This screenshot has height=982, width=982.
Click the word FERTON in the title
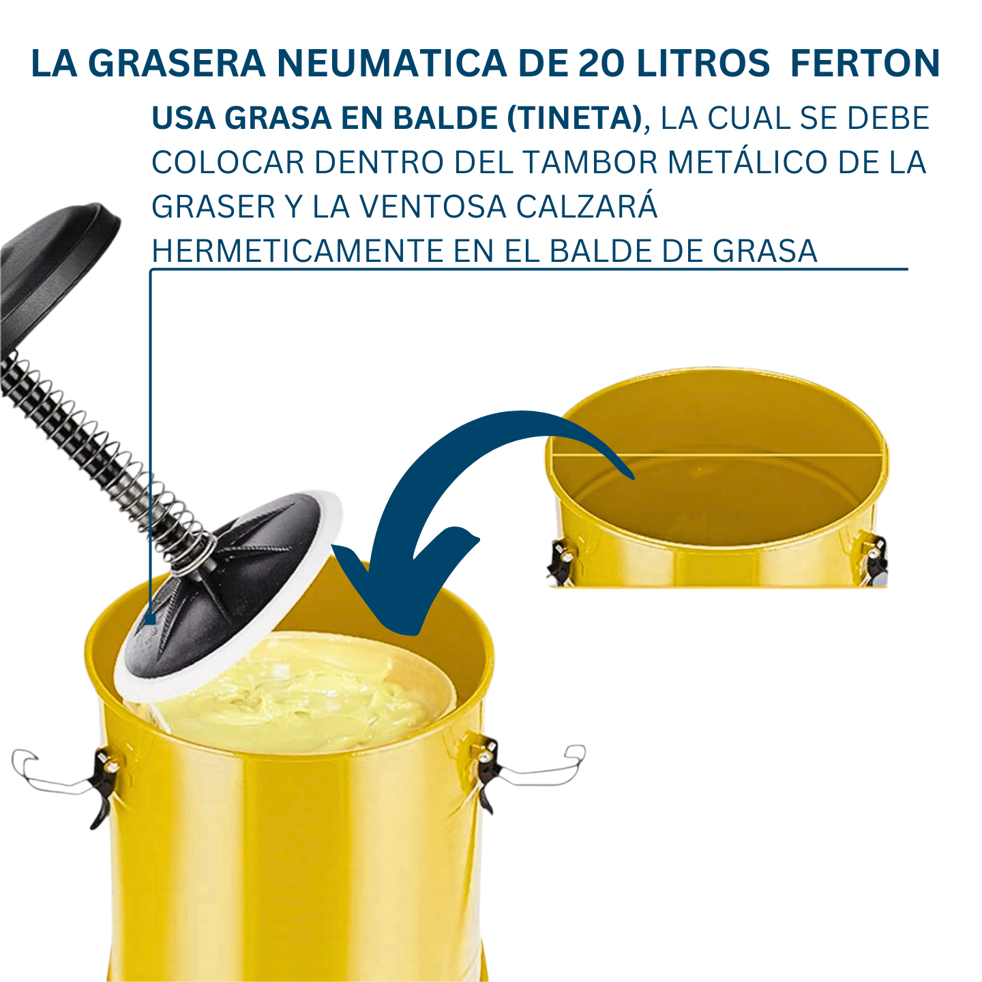[x=865, y=63]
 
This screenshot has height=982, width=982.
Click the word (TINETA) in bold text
[x=574, y=118]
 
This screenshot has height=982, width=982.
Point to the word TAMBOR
[x=592, y=162]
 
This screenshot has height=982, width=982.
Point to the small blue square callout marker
[x=150, y=619]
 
